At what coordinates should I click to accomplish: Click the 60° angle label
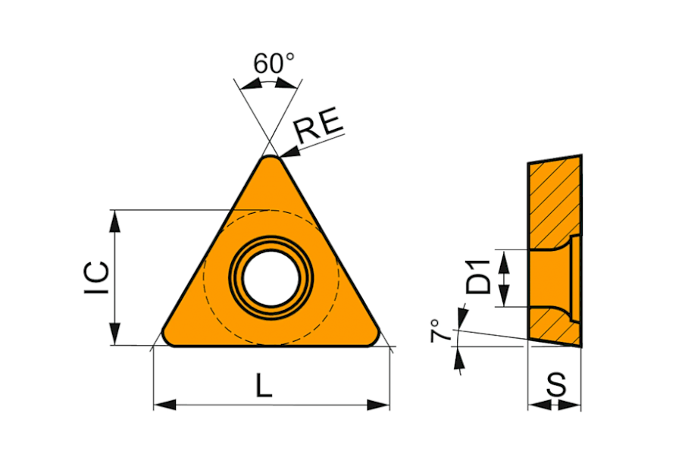274,63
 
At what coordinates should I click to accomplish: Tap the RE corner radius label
319,125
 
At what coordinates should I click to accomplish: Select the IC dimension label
96,277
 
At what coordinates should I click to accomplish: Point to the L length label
264,385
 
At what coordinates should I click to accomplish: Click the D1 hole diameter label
477,277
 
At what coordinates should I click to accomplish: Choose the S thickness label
556,384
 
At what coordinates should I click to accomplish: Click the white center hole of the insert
271,278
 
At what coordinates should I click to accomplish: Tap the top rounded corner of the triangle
271,159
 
